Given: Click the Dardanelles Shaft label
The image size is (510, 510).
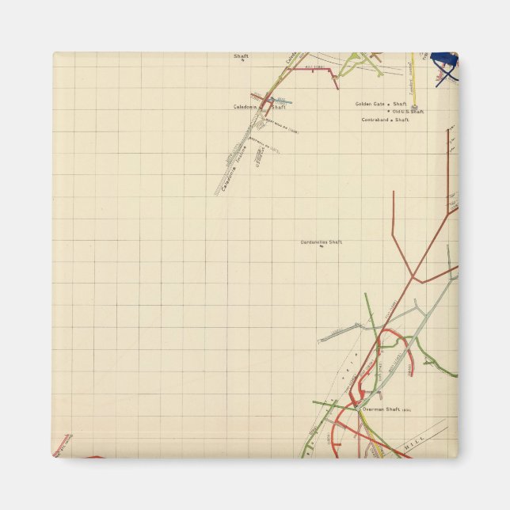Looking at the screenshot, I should pos(321,242).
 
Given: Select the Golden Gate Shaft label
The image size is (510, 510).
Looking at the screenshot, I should pos(381,104).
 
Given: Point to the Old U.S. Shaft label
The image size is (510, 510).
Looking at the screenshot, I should pos(406,112).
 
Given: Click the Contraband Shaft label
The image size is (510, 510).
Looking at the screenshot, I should pos(385,120).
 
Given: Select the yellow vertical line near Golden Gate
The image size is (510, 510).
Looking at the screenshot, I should pos(413,79).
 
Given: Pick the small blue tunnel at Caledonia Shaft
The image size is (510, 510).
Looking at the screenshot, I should pos(283,101).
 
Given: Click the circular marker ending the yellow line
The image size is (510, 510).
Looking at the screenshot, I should pos(413,106).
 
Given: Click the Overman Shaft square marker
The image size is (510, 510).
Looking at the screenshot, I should pos(357,409).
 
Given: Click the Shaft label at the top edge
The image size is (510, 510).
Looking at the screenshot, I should pos(241,56).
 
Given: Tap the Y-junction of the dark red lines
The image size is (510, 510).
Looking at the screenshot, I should pos(413,279).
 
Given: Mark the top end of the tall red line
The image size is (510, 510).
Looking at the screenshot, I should pos(394,192).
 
